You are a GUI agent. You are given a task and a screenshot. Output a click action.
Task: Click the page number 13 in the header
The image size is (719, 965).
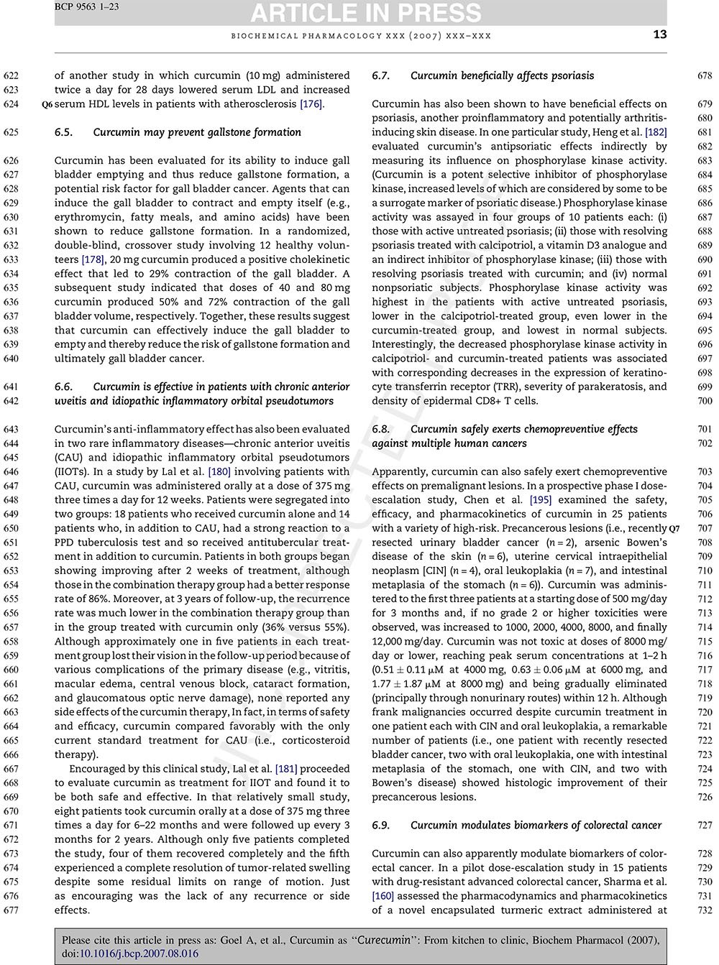click(660, 34)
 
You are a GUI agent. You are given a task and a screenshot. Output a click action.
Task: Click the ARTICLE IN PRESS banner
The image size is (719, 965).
click(366, 13)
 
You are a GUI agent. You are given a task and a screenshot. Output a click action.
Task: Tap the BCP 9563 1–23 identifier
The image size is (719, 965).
click(87, 6)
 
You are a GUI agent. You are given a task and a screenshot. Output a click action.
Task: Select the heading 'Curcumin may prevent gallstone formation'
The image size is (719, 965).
click(197, 132)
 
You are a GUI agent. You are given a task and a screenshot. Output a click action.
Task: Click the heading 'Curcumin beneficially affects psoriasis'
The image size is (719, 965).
click(502, 75)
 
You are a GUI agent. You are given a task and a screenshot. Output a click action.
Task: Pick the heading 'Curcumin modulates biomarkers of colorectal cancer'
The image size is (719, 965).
click(536, 826)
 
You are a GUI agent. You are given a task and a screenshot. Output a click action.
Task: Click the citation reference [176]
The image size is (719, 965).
click(311, 104)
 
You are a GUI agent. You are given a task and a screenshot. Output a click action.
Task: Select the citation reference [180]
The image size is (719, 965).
click(219, 472)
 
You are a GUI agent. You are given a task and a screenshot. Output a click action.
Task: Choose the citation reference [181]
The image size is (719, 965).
click(285, 769)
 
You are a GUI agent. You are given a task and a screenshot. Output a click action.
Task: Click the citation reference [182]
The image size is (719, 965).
click(656, 132)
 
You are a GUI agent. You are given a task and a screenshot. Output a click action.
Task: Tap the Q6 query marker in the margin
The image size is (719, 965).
click(47, 105)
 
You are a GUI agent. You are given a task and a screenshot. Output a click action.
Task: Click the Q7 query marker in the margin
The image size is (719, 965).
click(674, 529)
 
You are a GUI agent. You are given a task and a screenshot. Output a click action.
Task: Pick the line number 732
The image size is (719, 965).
click(705, 910)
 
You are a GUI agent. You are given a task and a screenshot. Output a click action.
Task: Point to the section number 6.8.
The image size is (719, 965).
click(381, 430)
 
